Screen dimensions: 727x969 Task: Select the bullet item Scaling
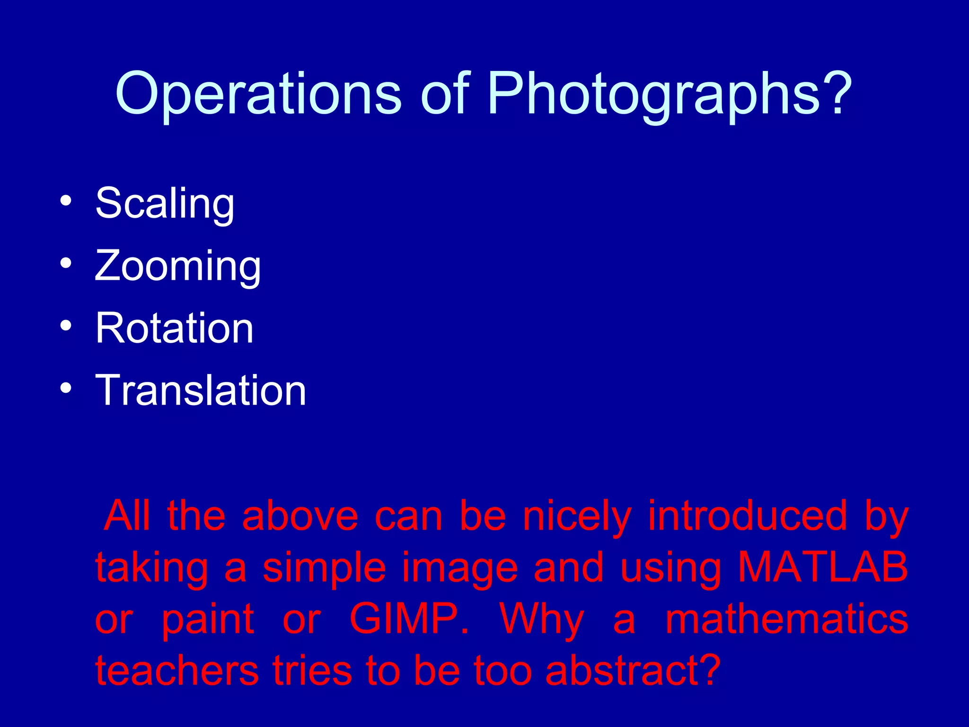coord(165,204)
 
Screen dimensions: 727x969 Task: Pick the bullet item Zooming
coord(177,266)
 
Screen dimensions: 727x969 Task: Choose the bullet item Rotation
coord(174,328)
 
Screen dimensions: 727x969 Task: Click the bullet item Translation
coord(201,390)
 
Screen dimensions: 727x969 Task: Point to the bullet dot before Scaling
coord(66,201)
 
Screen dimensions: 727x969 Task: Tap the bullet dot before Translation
coord(66,388)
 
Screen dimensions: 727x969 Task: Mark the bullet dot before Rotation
coord(66,326)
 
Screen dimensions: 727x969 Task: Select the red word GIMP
coord(409,619)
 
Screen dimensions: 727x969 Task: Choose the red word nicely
coord(577,516)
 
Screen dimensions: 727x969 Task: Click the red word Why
coord(541,620)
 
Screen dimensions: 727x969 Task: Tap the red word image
coord(459,568)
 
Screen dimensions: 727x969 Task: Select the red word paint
coord(208,620)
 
